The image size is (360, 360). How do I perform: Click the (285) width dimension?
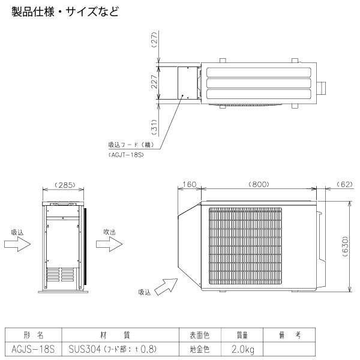click(x=64, y=185)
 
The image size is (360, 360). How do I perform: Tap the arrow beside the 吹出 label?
click(x=109, y=244)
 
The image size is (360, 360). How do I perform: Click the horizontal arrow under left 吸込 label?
click(x=17, y=244)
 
